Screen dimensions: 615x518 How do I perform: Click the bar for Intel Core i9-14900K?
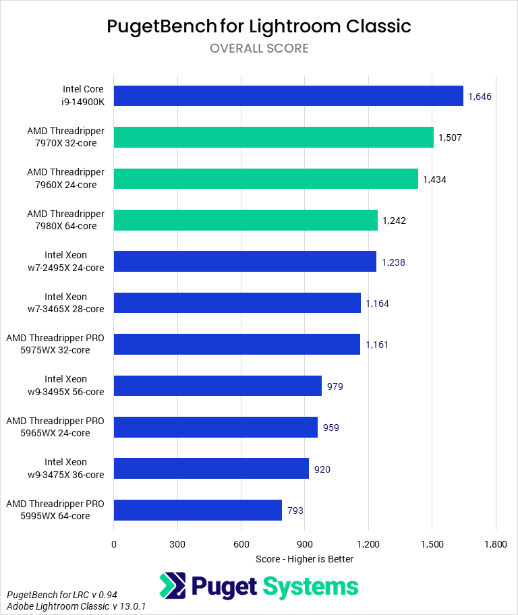[x=288, y=96]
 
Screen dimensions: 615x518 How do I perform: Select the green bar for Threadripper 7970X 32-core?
[x=273, y=137]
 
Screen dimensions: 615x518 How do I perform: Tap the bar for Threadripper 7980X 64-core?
[x=246, y=220]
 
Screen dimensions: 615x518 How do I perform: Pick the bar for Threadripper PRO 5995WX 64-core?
[x=198, y=510]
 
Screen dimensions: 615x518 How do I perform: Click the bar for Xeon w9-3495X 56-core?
[x=217, y=386]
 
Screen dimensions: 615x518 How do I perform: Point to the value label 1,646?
[x=480, y=96]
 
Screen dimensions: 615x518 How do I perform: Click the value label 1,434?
[x=434, y=179]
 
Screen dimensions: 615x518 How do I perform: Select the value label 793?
[x=295, y=510]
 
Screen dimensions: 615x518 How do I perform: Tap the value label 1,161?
[x=377, y=345]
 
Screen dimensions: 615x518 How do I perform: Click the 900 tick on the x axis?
[x=305, y=544]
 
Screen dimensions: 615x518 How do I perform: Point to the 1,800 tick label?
[x=495, y=544]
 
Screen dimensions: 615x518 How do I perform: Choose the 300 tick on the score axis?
[x=177, y=544]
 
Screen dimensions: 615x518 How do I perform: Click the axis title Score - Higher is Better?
[x=305, y=559]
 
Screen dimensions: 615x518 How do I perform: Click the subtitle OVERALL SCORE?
[x=259, y=48]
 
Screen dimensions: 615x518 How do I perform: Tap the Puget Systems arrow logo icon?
[x=173, y=585]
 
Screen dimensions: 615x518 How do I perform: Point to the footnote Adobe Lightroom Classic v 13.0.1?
[x=76, y=607]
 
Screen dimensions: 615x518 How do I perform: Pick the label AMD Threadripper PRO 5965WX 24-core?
[x=55, y=427]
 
